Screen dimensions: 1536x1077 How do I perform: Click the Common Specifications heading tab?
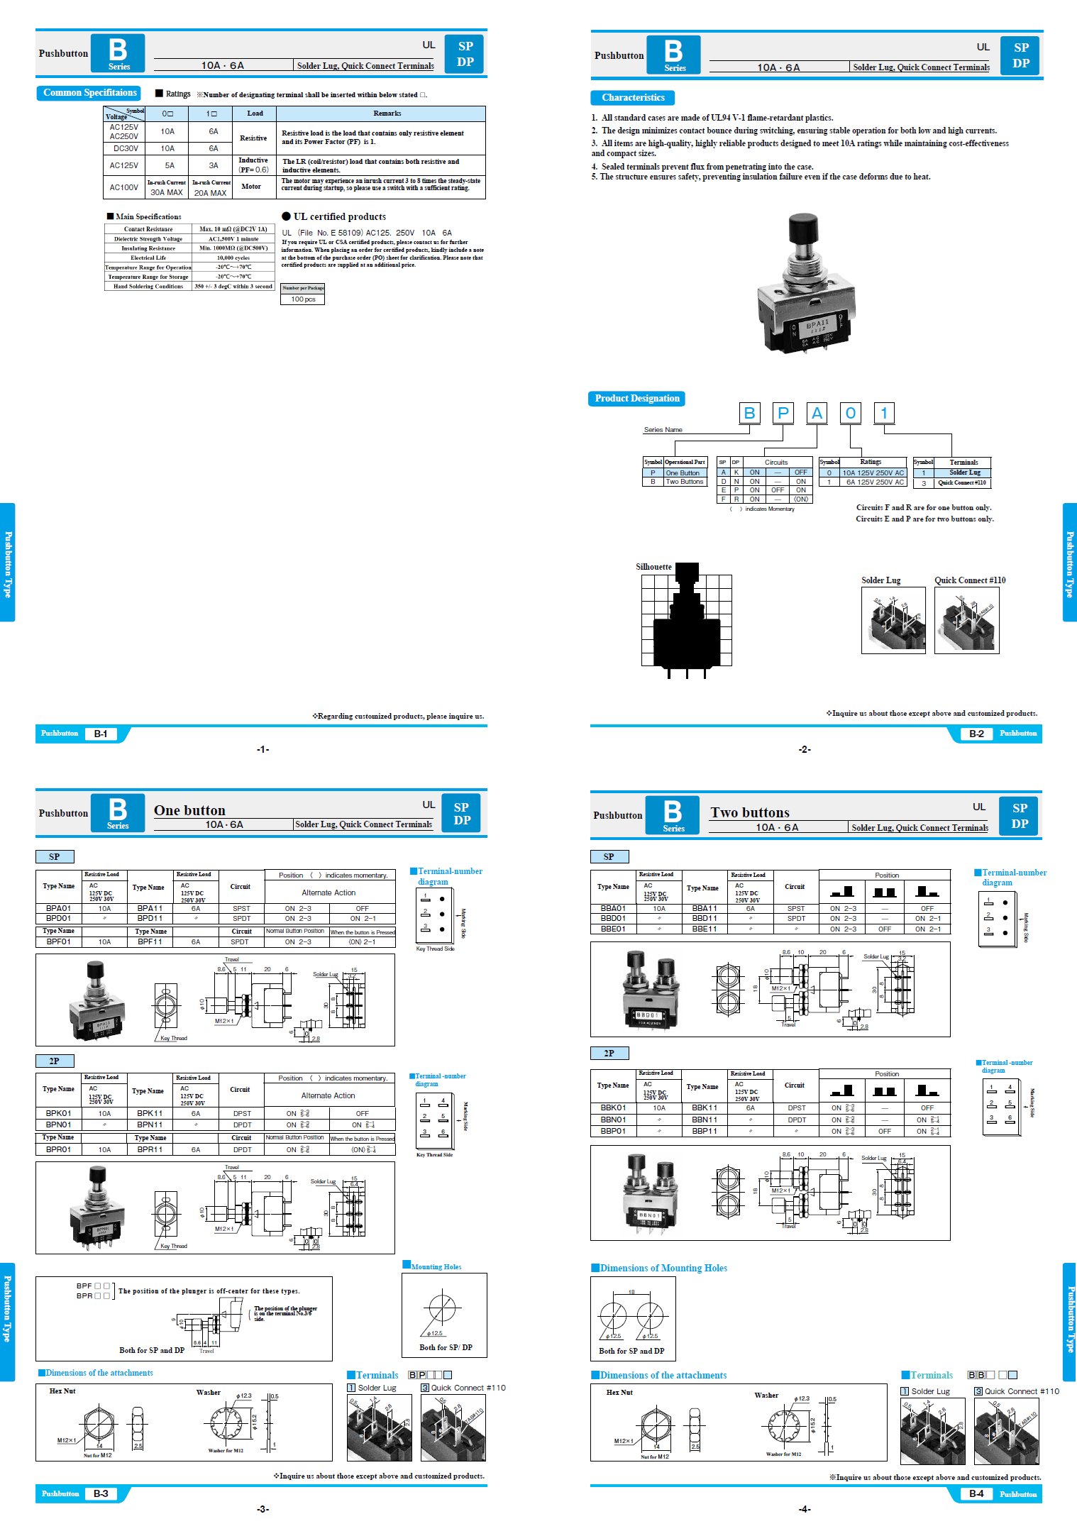(x=89, y=93)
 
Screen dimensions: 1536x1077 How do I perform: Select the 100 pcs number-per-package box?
(x=303, y=299)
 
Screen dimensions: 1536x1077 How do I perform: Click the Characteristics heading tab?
(x=633, y=98)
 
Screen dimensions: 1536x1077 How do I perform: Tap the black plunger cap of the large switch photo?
(x=802, y=228)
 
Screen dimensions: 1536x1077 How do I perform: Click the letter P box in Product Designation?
(x=783, y=413)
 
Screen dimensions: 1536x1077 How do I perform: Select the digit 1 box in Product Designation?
(x=884, y=413)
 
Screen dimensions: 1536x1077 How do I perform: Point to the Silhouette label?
(x=653, y=567)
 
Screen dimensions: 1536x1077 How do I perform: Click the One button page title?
(x=189, y=810)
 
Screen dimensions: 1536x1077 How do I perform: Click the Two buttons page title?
(x=750, y=812)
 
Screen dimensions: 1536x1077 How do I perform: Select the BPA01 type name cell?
(x=59, y=908)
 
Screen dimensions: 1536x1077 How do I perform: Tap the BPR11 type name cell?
(x=150, y=1149)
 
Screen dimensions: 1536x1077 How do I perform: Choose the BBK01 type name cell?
(x=613, y=1107)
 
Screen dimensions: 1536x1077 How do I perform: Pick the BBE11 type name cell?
(x=705, y=929)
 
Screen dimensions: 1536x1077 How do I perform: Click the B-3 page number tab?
(x=101, y=1493)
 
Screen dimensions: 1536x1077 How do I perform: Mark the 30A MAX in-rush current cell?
(x=167, y=192)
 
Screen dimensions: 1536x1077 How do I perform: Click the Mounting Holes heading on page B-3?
(x=436, y=1266)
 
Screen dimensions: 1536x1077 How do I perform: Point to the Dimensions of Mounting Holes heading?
(x=663, y=1268)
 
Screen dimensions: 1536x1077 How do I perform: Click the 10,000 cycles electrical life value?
(x=233, y=258)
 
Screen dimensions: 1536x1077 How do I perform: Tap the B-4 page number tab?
(x=976, y=1493)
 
